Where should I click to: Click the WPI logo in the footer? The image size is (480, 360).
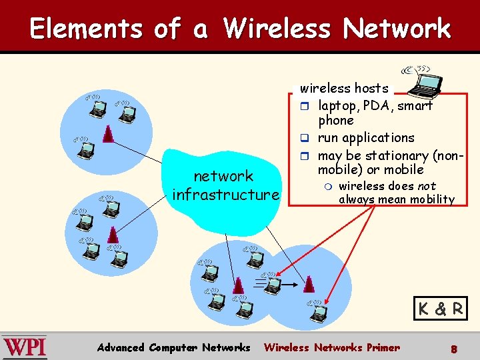coord(24,347)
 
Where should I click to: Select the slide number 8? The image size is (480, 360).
coord(453,348)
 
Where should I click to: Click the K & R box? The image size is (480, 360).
coord(440,309)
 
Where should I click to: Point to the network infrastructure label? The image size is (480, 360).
coord(225,185)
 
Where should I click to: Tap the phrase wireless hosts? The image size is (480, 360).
coord(344,88)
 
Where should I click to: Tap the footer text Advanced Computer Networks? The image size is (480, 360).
coord(173,347)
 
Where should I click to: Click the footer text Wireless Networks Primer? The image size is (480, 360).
coord(332,347)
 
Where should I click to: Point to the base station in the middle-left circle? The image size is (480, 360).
coord(113,235)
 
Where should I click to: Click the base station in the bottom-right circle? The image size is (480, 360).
coord(308,285)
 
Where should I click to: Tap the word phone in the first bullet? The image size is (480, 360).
coord(336,121)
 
